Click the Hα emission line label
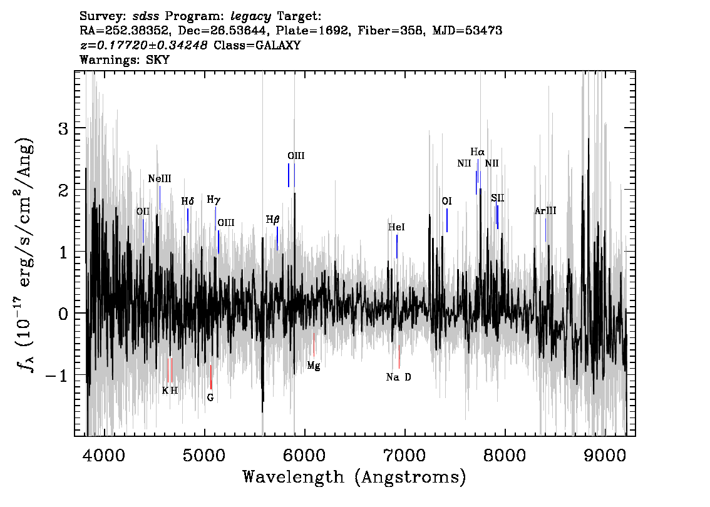[477, 152]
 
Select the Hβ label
[272, 220]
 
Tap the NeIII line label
[160, 179]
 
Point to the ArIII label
[545, 211]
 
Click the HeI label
[396, 227]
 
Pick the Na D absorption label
[398, 377]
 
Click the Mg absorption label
[313, 366]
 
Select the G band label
[210, 397]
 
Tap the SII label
[498, 198]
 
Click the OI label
[447, 201]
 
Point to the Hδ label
[187, 201]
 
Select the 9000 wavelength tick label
[604, 455]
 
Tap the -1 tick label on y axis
[58, 376]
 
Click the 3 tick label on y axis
[63, 129]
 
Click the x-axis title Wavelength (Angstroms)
[354, 477]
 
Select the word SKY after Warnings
[158, 59]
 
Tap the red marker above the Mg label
[313, 345]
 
